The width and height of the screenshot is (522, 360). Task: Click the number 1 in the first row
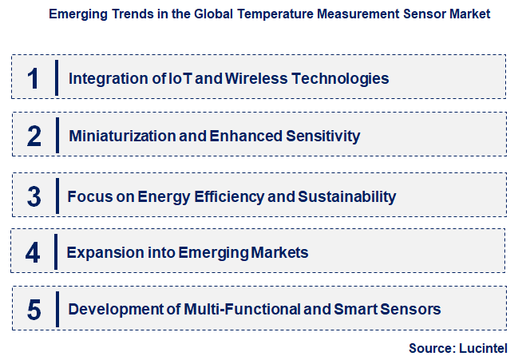click(x=33, y=78)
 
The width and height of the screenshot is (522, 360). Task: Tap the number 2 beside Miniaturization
click(x=34, y=136)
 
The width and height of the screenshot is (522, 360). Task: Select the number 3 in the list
click(x=34, y=196)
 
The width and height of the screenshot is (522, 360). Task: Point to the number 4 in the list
click(x=33, y=253)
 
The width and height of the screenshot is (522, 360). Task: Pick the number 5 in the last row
click(x=34, y=310)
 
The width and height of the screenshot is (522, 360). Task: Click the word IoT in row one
click(x=179, y=78)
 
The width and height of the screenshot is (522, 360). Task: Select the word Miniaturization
click(x=122, y=136)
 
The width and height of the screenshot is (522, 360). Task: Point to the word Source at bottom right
click(x=431, y=348)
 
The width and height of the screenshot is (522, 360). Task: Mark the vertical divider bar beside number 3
click(x=57, y=196)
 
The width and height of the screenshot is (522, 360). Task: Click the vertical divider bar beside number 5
click(x=57, y=309)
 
